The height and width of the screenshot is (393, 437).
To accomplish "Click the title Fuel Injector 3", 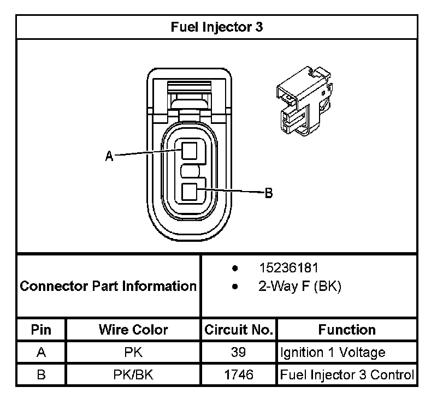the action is click(x=216, y=27).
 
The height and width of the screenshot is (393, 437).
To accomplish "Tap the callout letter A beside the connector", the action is click(x=109, y=156).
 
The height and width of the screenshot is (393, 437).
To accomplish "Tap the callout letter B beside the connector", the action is click(x=268, y=193).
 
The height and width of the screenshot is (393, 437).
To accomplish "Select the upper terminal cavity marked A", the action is click(x=189, y=151).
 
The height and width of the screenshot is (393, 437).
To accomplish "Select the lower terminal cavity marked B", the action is click(x=189, y=192).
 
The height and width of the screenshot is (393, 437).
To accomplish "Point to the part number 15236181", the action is click(x=288, y=268).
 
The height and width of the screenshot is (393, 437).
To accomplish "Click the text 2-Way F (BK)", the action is click(x=299, y=286).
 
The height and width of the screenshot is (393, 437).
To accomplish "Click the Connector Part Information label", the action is click(x=108, y=286).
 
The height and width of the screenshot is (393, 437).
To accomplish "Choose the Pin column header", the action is click(x=42, y=330).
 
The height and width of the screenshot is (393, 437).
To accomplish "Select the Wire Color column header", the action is click(x=133, y=330).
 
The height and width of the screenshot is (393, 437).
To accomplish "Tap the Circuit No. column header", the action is click(x=239, y=330).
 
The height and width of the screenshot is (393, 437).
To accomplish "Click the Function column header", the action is click(x=347, y=330).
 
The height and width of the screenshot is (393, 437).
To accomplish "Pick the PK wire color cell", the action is click(x=133, y=352).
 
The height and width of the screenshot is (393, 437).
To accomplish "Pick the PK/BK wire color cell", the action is click(x=133, y=374).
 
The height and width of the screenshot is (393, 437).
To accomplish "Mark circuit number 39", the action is click(x=239, y=352).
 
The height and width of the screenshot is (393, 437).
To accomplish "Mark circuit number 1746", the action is click(x=239, y=374).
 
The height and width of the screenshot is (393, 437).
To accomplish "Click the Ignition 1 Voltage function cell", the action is click(x=333, y=353).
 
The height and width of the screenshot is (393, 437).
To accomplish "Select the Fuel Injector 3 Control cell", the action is click(x=347, y=375).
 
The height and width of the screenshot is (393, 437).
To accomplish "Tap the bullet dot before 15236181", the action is click(x=235, y=268).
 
